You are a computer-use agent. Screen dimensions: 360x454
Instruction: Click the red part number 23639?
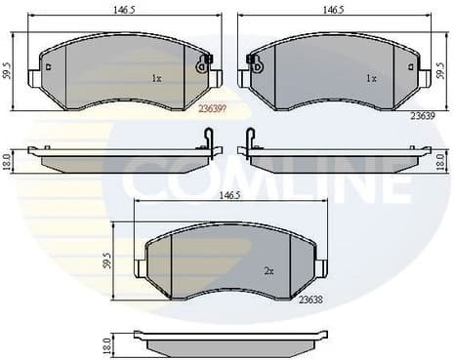point(212,109)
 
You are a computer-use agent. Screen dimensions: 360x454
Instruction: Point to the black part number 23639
point(421,115)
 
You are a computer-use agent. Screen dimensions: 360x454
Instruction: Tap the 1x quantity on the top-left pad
point(155,77)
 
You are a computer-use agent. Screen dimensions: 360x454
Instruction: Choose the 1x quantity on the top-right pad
point(370,77)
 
